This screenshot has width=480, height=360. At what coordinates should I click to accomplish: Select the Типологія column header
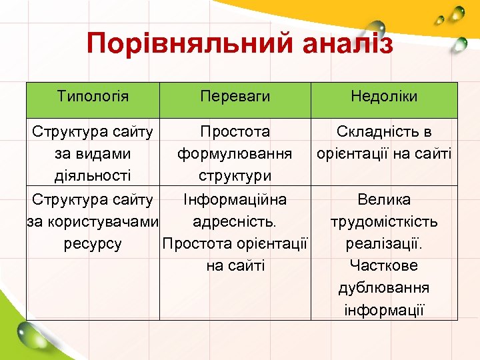(93, 96)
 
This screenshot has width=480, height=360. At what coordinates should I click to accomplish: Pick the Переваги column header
(235, 96)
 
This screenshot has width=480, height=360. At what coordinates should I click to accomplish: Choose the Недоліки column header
(384, 96)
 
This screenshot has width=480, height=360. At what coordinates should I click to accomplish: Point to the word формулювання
(235, 154)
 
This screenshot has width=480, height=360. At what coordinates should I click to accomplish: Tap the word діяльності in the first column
(93, 176)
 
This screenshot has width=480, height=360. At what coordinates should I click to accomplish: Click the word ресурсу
(93, 243)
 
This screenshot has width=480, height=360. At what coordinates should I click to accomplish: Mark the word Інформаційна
(235, 199)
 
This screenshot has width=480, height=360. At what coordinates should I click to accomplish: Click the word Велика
(384, 199)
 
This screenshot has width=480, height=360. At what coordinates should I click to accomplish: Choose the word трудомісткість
(384, 221)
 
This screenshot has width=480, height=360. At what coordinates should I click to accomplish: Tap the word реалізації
(384, 243)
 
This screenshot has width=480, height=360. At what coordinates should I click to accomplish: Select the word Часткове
(384, 265)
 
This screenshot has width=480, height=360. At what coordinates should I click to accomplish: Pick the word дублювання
(384, 287)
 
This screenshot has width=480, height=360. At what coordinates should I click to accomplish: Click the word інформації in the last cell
(384, 309)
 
